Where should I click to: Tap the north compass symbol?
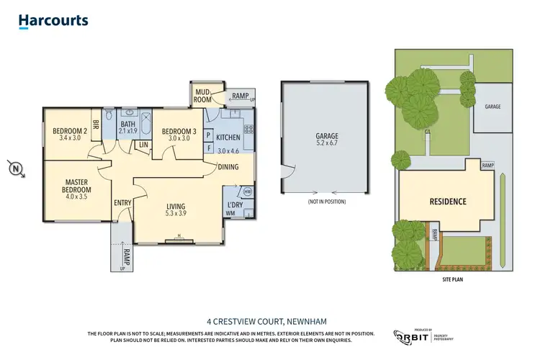[x=17, y=170]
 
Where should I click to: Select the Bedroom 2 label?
[x=70, y=135]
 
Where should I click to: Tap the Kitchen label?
[x=228, y=137]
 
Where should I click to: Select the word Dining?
[x=229, y=167]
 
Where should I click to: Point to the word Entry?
[x=122, y=203]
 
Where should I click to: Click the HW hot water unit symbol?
[x=248, y=192]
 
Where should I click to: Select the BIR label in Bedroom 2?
[x=95, y=123]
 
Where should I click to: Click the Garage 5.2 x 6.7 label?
[x=326, y=139]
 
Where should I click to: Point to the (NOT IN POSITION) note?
[x=326, y=202]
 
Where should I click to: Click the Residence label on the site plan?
[x=448, y=202]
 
